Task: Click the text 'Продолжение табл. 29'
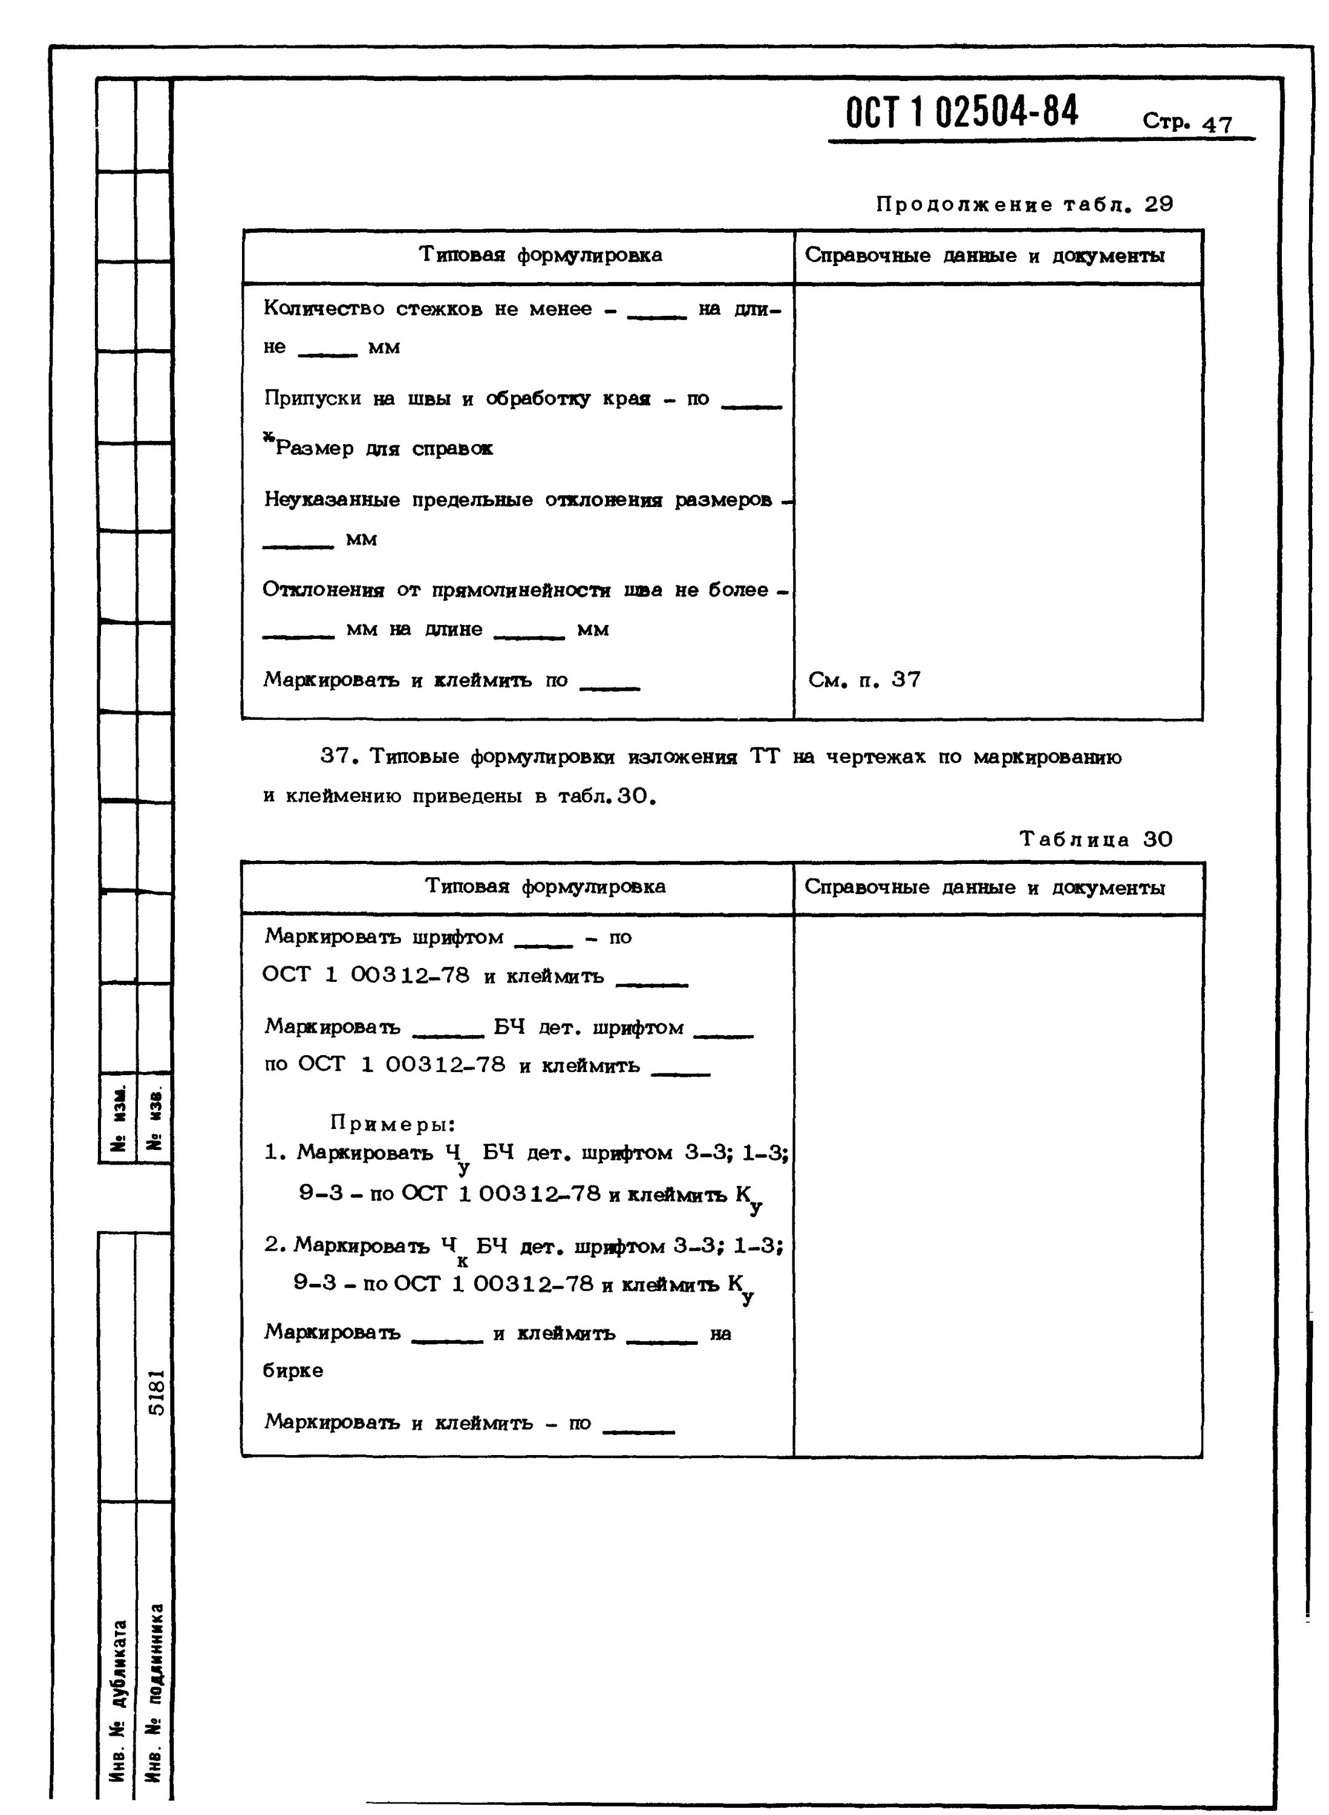click(1024, 204)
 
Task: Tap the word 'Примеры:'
click(393, 1123)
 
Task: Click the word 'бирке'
click(293, 1370)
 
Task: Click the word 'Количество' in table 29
click(324, 309)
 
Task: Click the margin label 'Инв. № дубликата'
click(118, 1699)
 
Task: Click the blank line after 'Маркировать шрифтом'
click(543, 944)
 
